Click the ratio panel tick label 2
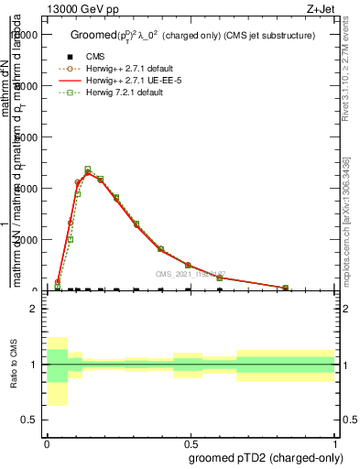[x=33, y=310]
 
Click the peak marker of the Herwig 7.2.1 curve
[x=88, y=169]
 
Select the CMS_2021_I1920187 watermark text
[x=190, y=274]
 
